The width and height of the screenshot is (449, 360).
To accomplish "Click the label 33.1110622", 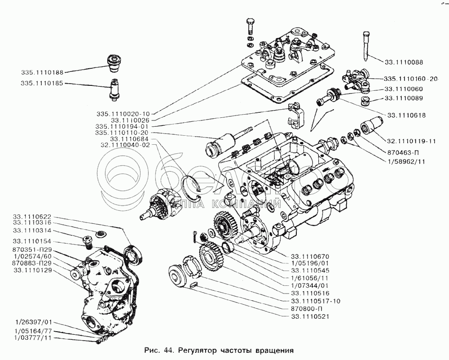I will [x=33, y=216].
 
